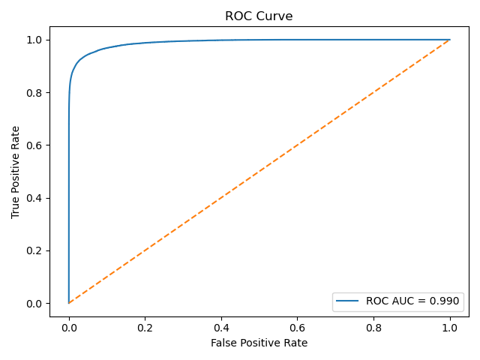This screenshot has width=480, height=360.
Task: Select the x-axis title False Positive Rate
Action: tap(259, 343)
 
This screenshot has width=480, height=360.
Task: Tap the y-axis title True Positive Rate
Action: tap(16, 172)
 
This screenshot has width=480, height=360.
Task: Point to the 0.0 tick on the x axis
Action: tap(69, 328)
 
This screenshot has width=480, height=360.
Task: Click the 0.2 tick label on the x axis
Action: tap(145, 328)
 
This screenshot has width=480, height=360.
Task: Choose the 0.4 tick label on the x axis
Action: tap(221, 328)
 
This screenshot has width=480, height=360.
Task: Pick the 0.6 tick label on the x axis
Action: tap(297, 328)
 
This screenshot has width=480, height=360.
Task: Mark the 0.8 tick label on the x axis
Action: tap(373, 328)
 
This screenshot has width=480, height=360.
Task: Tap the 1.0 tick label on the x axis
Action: tap(450, 328)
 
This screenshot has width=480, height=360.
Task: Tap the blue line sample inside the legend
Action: tap(348, 301)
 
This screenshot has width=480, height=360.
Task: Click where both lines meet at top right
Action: tap(450, 40)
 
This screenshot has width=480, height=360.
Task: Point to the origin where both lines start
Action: tap(69, 303)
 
